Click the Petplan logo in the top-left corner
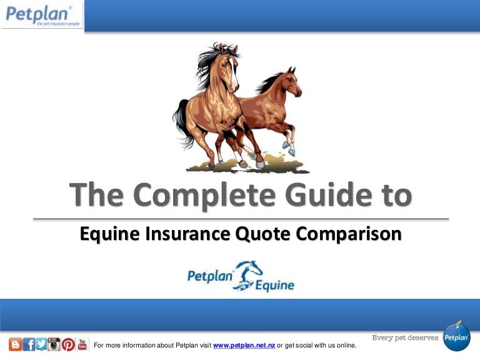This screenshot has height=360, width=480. pos(41,16)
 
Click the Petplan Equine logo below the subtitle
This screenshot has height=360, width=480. pos(241,277)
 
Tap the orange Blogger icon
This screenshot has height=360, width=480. pos(15,344)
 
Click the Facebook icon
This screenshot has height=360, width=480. pos(29,344)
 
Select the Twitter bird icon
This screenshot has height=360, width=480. pos(41,344)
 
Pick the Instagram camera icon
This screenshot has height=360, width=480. pos(54,344)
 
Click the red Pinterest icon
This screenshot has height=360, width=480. pos(68,344)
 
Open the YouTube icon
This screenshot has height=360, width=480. pos(82,344)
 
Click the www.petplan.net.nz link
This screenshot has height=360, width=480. pos(244,346)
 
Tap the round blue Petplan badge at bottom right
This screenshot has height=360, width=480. pos(456,337)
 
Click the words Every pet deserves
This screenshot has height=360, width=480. pos(405,338)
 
